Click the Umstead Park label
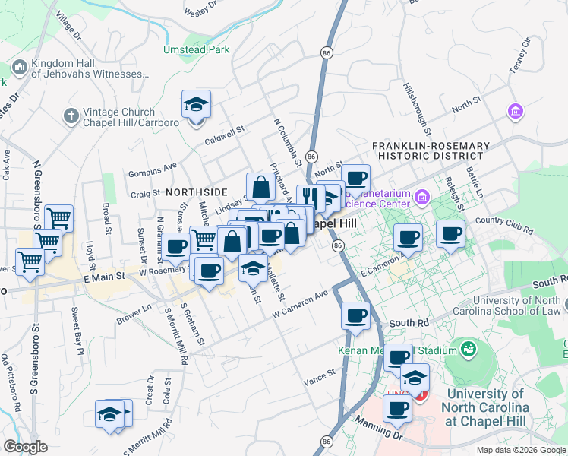[x=196, y=49]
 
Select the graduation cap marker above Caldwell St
[x=197, y=104]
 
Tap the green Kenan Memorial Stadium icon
[x=469, y=349]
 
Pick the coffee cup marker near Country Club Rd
[x=451, y=234]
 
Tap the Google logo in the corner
[x=25, y=447]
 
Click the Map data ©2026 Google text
[x=520, y=450]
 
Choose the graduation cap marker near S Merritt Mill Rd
[x=110, y=414]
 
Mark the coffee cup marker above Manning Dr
[x=396, y=408]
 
